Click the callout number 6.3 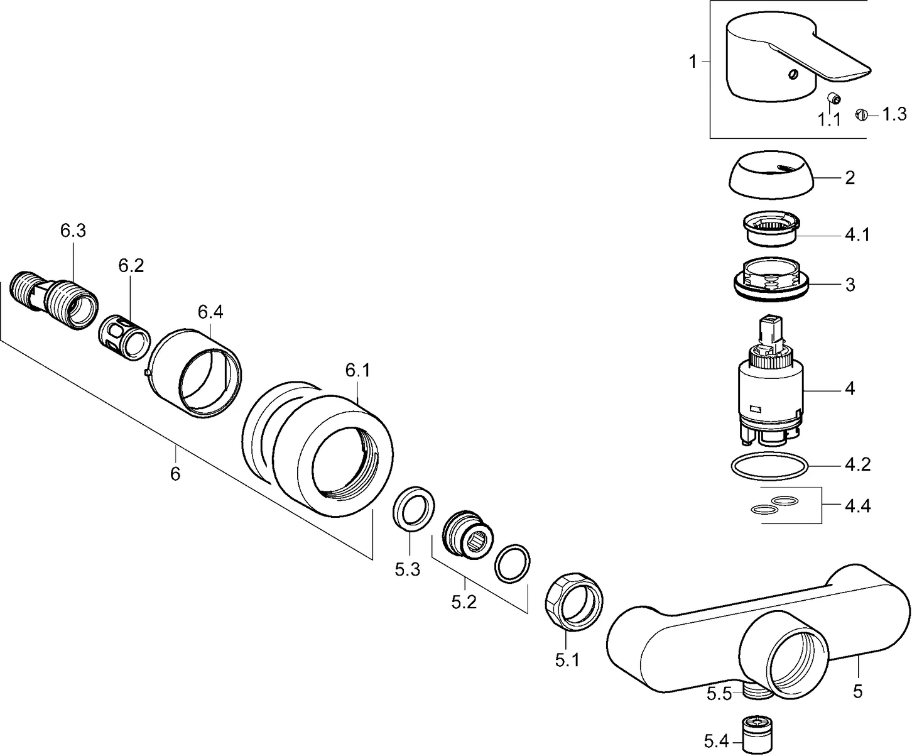(x=73, y=231)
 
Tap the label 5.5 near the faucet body (x=719, y=694)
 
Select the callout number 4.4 (x=857, y=505)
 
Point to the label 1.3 (x=894, y=114)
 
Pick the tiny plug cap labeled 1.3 (x=861, y=115)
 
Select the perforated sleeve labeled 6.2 (x=124, y=340)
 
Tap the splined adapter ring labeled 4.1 (x=770, y=229)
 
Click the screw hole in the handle (x=794, y=75)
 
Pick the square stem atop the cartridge (x=771, y=331)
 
